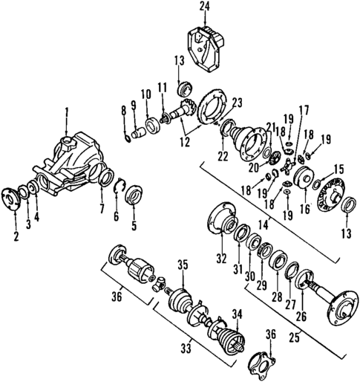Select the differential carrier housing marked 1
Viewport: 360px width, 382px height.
pyautogui.click(x=71, y=160)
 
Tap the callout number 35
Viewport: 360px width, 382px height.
pyautogui.click(x=183, y=263)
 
